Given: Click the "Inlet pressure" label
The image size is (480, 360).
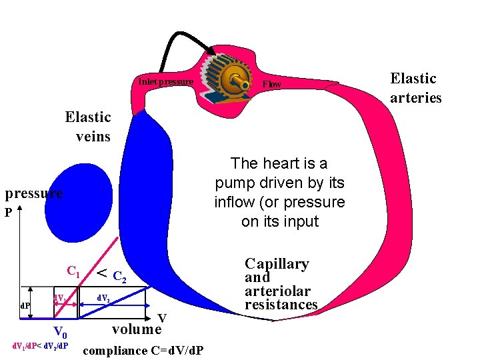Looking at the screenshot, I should [166, 82].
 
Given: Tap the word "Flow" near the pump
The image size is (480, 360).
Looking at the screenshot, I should [272, 85].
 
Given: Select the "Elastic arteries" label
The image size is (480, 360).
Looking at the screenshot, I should [415, 88].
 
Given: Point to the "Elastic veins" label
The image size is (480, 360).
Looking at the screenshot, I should [88, 127].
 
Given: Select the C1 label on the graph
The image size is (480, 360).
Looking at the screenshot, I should [74, 271].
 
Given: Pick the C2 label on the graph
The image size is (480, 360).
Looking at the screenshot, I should [118, 275].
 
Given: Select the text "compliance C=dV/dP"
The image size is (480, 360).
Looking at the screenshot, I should [144, 351].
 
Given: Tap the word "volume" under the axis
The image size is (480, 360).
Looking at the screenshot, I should [137, 329].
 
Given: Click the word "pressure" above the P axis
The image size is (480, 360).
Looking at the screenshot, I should [33, 193].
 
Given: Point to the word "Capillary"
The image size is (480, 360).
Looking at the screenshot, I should [277, 264].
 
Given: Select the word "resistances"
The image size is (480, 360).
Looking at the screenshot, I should [281, 305].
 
